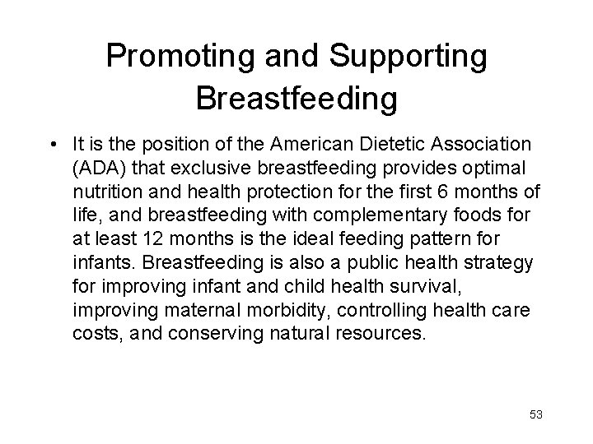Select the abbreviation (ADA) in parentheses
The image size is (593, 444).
tap(96, 169)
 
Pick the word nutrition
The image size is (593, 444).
tap(103, 192)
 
